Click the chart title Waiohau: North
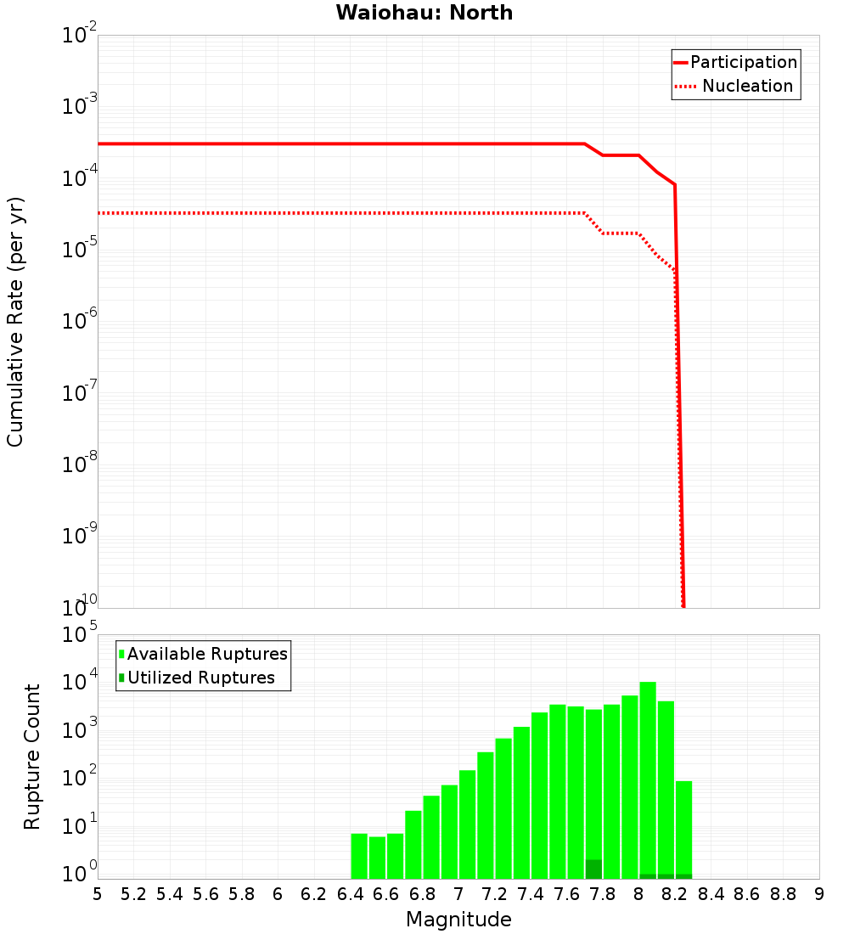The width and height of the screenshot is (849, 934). coord(424,13)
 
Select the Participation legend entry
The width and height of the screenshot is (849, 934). coord(743,62)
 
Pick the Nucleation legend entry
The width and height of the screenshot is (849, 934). coord(747,86)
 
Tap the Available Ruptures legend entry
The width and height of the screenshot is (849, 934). coord(207,654)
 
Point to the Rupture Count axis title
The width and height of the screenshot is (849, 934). coord(32,757)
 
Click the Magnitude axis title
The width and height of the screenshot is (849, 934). coord(458,919)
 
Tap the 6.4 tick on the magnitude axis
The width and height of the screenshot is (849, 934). coord(350,894)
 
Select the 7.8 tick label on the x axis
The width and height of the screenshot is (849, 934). coord(603,894)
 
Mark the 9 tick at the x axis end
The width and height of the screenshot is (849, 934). coord(819,894)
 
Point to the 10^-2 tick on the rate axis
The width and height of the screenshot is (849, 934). coord(80,37)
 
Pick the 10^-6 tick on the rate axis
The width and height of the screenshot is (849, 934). coord(80,322)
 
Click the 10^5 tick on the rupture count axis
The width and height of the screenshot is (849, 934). coord(82,636)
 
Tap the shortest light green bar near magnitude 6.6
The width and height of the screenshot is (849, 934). coord(377,858)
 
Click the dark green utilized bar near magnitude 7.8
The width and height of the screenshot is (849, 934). coord(593,869)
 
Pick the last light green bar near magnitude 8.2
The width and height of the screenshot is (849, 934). coord(684,828)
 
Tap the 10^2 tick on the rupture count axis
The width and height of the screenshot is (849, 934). coord(82,779)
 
